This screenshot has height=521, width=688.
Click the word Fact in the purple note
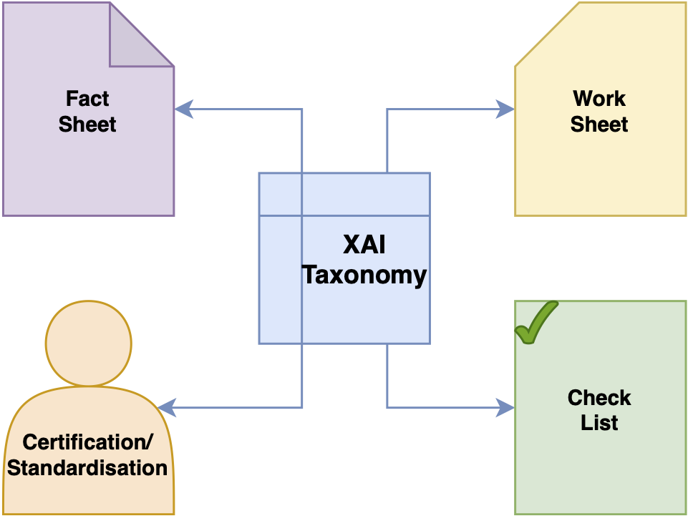[87, 98]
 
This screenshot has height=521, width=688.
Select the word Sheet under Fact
[87, 124]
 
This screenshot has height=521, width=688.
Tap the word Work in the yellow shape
[599, 98]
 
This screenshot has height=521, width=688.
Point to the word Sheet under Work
[599, 124]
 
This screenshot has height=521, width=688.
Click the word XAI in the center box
[364, 244]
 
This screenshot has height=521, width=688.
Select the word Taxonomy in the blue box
[364, 276]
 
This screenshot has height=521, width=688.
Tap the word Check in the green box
[599, 398]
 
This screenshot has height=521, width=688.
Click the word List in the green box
[599, 423]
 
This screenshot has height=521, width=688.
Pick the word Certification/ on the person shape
[88, 442]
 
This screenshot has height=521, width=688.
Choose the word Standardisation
[87, 468]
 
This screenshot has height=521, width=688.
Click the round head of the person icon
[89, 343]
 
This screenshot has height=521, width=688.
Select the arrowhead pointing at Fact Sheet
[184, 109]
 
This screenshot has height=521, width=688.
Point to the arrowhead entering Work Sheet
[505, 109]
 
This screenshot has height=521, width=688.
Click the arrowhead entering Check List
[505, 408]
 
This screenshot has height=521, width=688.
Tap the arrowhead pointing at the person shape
[167, 408]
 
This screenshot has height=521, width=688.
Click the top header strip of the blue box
[344, 194]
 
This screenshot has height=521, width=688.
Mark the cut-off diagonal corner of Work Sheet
[547, 34]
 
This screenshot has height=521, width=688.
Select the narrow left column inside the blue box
[281, 280]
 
